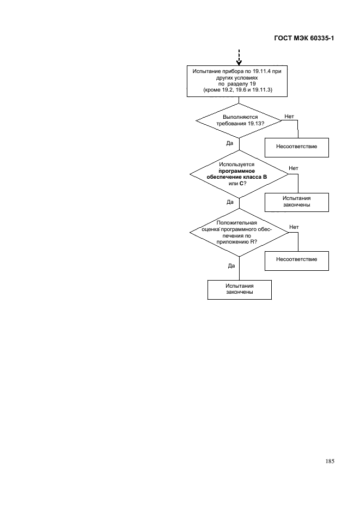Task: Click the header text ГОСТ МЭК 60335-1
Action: (304, 38)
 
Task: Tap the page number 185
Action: (330, 461)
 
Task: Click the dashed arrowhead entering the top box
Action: (239, 63)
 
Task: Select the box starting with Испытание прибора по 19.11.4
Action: (237, 81)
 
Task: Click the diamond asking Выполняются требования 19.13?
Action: (239, 120)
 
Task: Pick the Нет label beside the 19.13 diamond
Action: (289, 117)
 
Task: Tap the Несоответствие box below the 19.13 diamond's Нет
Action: (297, 148)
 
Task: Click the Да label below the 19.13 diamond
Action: (230, 143)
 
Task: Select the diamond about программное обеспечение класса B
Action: (239, 174)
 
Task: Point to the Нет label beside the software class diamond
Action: (294, 168)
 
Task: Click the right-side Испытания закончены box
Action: (297, 202)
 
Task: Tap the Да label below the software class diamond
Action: (230, 202)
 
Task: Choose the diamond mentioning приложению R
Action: (239, 233)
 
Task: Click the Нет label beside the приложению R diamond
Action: (294, 227)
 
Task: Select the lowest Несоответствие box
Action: (297, 261)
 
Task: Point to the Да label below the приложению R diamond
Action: (231, 266)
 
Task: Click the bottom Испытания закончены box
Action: (240, 290)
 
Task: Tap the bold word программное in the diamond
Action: (237, 171)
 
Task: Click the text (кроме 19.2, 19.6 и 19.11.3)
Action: (237, 90)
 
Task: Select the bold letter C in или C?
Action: (241, 184)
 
